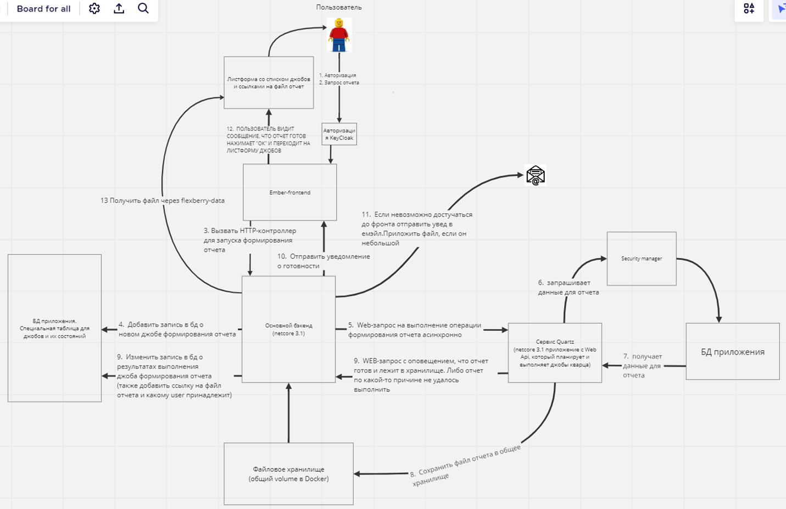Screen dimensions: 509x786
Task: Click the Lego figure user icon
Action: pos(339,35)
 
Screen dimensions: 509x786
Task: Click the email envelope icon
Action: pos(535,175)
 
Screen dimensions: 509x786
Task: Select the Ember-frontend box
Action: pos(289,192)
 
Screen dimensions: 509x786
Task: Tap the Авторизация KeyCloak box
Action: pos(339,134)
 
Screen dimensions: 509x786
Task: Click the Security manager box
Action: pos(641,258)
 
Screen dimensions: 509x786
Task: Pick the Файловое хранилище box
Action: pos(288,474)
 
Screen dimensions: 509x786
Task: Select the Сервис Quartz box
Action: pos(555,353)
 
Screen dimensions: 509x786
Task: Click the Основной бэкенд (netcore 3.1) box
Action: pos(288,329)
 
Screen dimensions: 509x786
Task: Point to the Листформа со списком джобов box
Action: pos(269,82)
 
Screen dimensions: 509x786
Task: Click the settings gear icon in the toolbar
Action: pos(94,9)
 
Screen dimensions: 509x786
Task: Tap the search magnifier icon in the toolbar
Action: pos(143,9)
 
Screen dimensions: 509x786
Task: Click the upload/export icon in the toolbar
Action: pos(119,9)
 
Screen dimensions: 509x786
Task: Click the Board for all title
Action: pos(43,9)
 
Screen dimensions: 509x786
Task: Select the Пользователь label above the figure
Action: pos(339,8)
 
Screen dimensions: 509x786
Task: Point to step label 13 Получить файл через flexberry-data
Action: pos(163,201)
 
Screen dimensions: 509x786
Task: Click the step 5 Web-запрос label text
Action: pos(414,330)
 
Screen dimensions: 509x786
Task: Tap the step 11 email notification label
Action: pos(416,229)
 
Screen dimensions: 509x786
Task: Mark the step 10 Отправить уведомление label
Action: pos(323,261)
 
